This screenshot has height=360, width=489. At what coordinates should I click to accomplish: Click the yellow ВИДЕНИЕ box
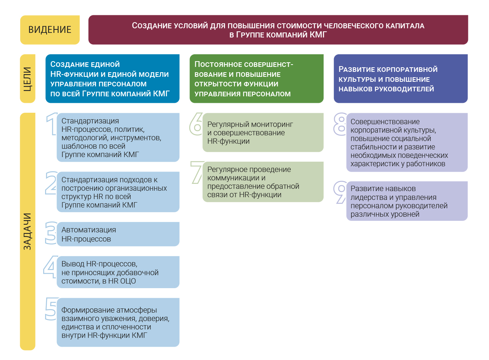coord(50,30)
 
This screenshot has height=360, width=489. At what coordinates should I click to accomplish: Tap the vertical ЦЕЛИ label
coord(28,79)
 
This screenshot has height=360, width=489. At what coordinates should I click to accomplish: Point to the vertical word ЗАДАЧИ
coord(28,231)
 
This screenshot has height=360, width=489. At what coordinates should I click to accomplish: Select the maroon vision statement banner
coord(278,30)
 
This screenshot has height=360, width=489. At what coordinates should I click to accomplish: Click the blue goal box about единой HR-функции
coord(112,79)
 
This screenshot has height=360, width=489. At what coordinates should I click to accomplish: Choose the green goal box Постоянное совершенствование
coord(256,79)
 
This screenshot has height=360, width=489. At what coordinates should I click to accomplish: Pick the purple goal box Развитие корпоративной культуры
coord(401,79)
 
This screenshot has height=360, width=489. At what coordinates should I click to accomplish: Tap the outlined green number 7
coord(198,172)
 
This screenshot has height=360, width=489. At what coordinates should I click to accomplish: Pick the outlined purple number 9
coord(340,192)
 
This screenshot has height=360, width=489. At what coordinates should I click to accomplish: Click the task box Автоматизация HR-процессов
coord(118,234)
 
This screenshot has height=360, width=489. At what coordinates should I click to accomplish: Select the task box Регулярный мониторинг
coord(263,132)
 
